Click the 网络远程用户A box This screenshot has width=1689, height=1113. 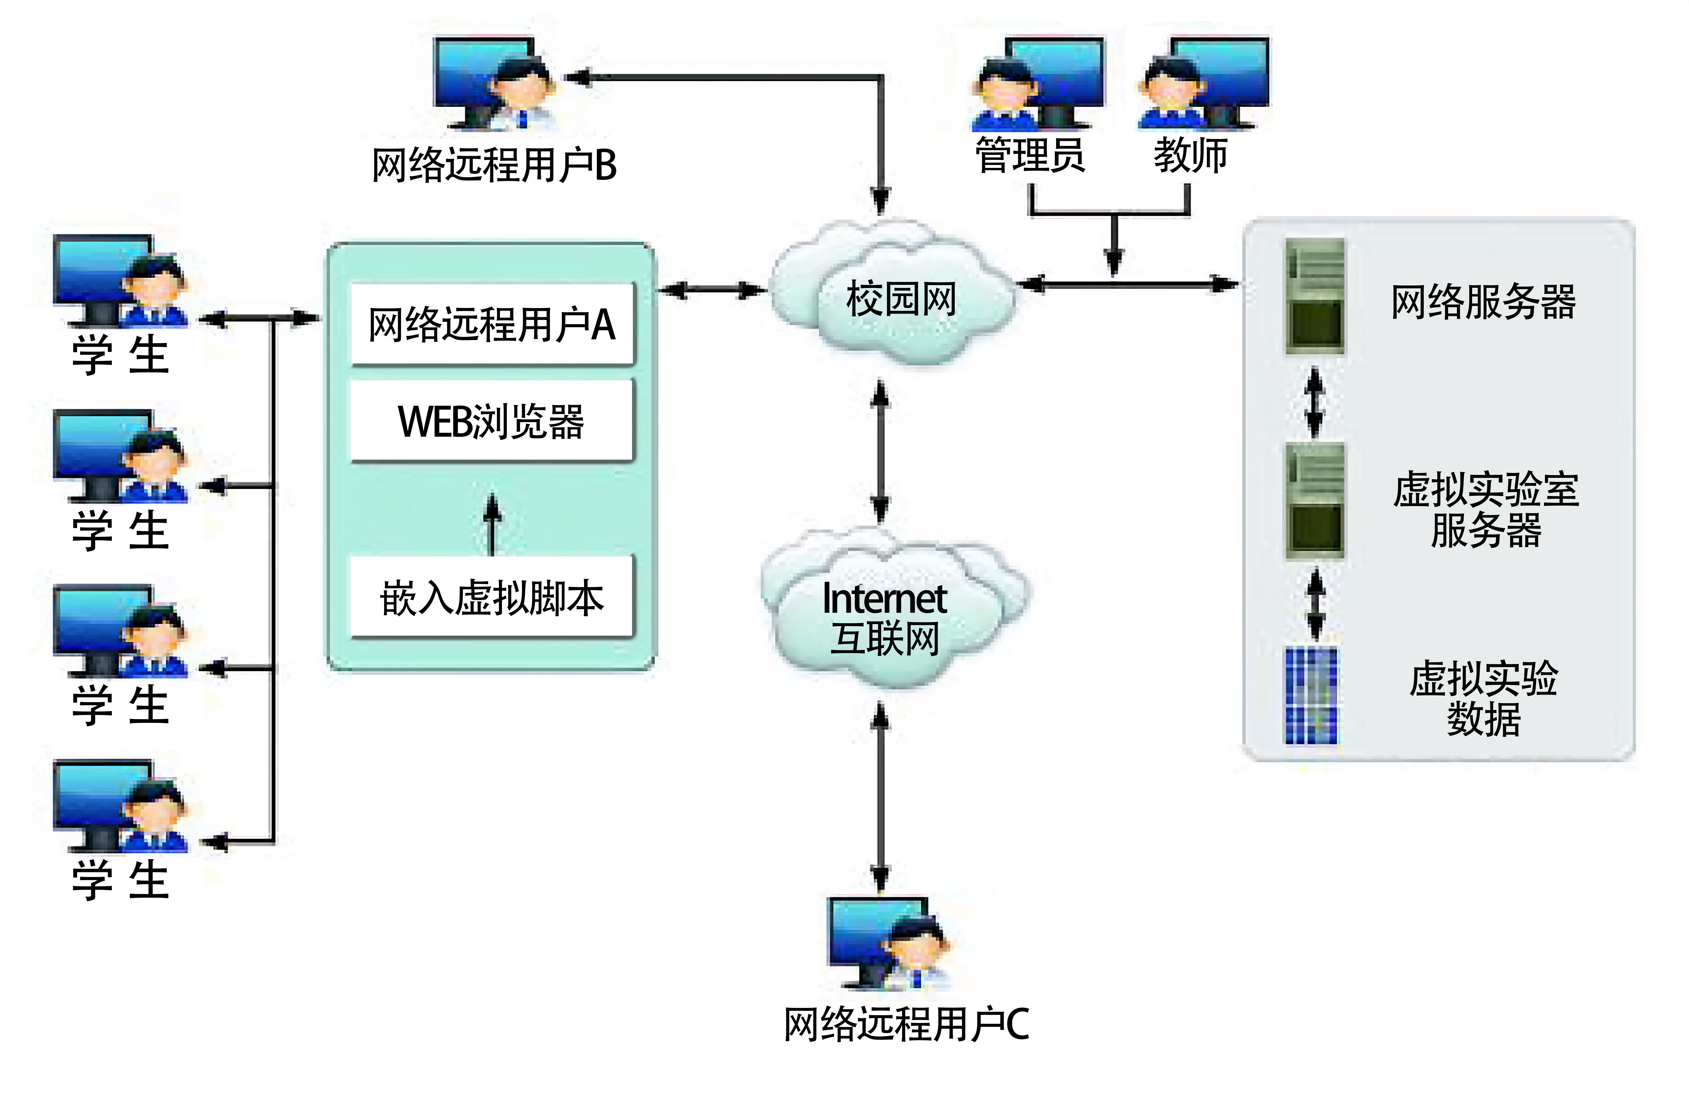point(492,324)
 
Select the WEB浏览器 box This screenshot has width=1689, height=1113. point(492,421)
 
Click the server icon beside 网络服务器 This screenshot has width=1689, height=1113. point(1315,296)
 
